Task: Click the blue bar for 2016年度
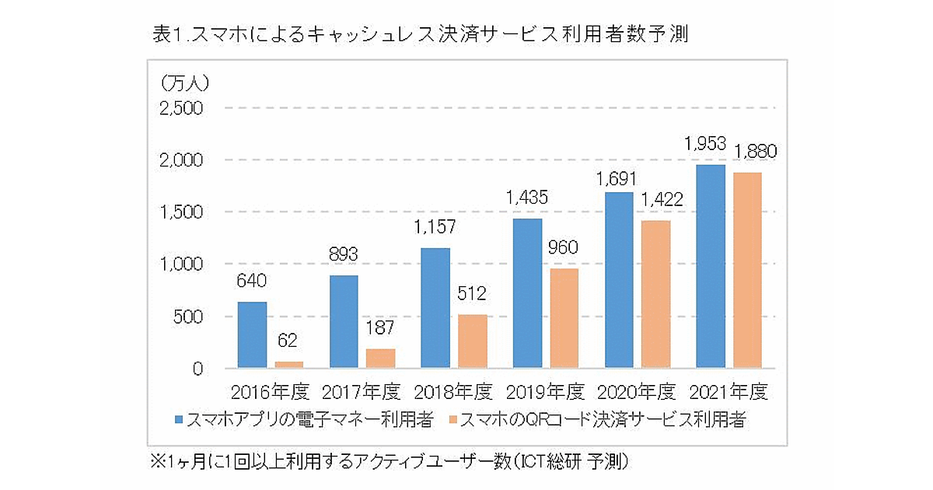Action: click(252, 335)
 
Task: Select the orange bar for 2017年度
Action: click(381, 359)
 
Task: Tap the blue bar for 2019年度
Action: click(527, 294)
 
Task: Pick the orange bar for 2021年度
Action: click(747, 271)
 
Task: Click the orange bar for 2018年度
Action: click(473, 341)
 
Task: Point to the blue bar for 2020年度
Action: click(619, 281)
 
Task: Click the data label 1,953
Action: click(704, 144)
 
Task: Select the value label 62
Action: click(288, 341)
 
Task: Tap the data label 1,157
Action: click(435, 228)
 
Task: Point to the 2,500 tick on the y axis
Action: click(181, 108)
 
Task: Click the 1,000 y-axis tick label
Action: click(181, 264)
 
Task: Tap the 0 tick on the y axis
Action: click(197, 369)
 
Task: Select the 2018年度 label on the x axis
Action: click(455, 390)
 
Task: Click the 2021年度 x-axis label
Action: click(729, 390)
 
